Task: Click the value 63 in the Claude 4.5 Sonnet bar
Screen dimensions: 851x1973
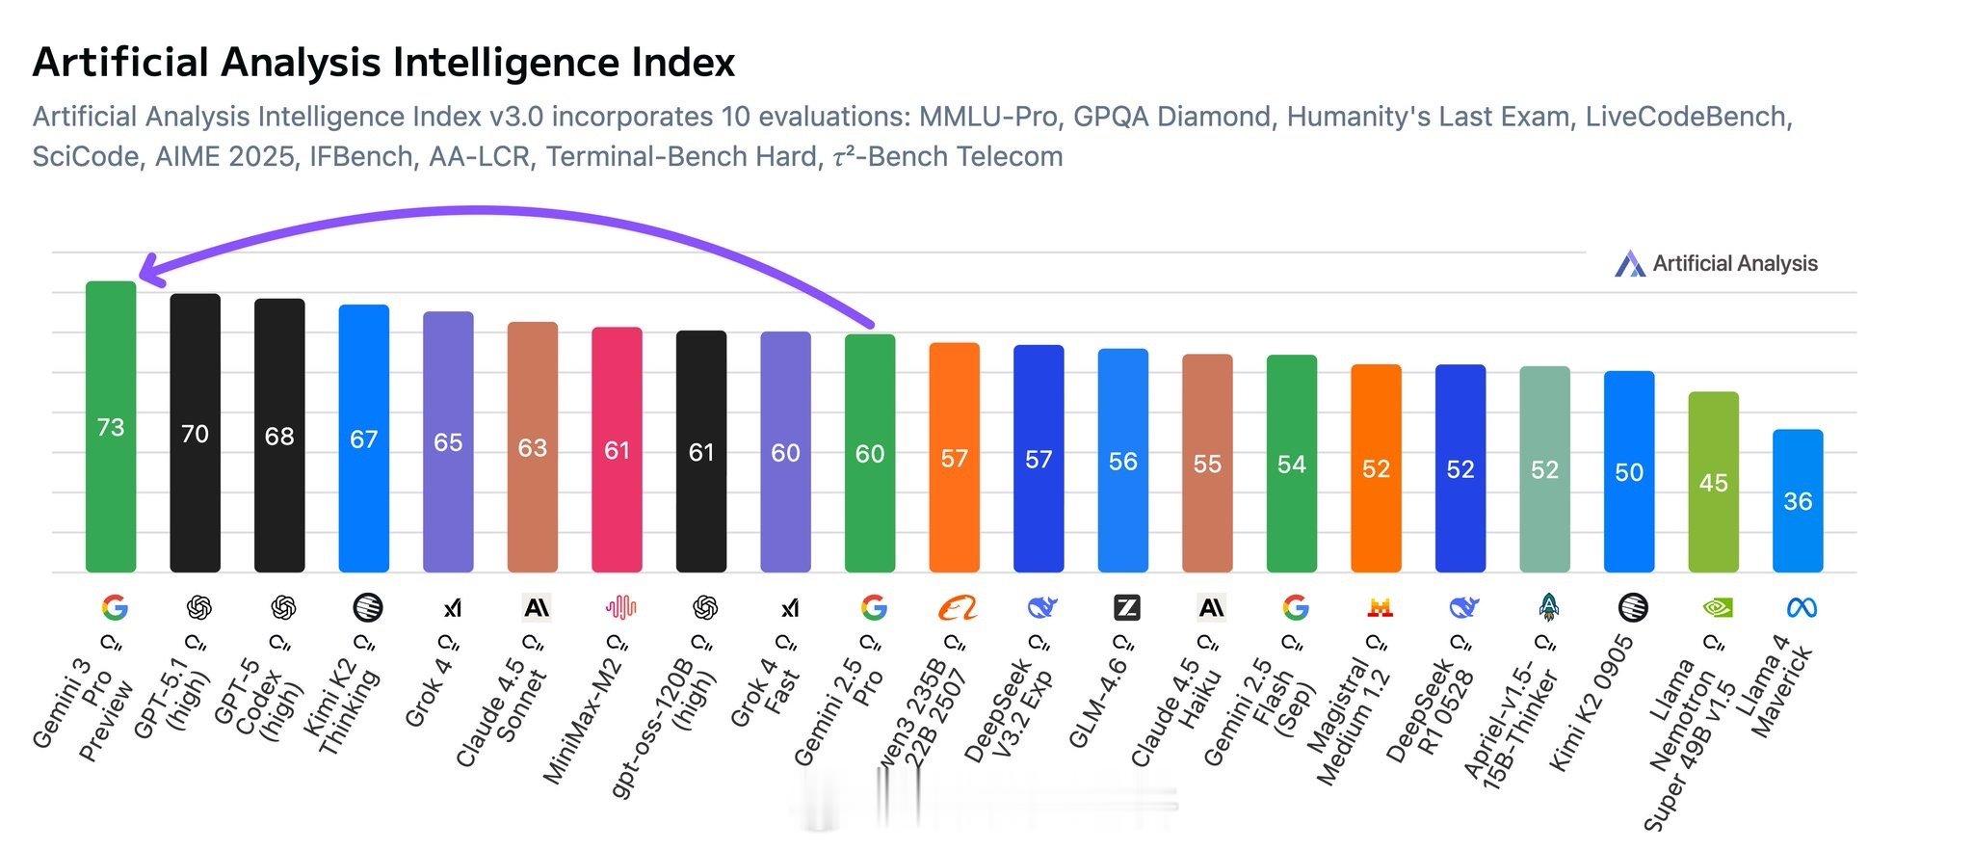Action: [x=533, y=448]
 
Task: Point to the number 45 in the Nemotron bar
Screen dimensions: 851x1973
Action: [x=1713, y=483]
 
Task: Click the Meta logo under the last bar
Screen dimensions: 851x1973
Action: [x=1801, y=608]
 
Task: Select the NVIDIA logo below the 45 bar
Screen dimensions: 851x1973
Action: [x=1716, y=608]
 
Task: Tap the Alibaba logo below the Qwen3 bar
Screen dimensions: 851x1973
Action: [x=957, y=608]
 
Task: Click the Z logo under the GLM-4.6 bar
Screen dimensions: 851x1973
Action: [x=1126, y=608]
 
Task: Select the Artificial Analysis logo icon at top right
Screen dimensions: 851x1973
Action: [x=1630, y=264]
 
